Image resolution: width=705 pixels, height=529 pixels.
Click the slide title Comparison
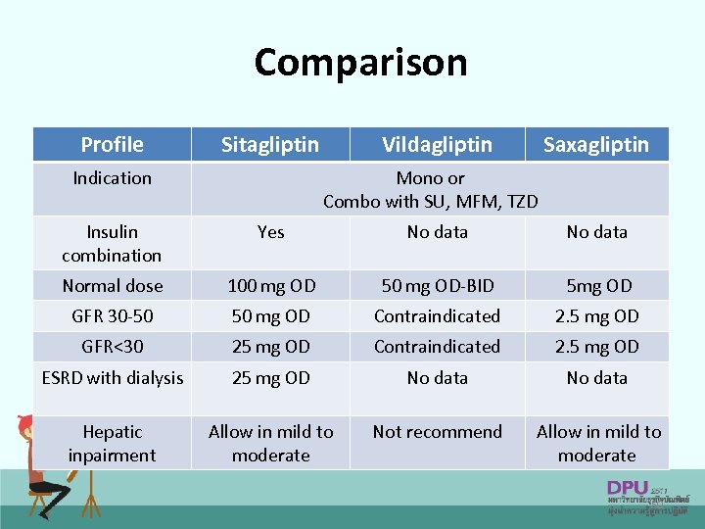(360, 63)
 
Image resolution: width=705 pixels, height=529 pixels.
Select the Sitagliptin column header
(270, 145)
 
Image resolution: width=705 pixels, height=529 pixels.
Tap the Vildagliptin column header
(437, 145)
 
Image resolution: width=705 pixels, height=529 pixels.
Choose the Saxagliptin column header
(595, 145)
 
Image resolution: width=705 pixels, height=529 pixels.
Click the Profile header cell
(112, 145)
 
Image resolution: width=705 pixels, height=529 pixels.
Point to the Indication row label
(112, 178)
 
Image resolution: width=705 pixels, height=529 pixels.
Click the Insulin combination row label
(112, 243)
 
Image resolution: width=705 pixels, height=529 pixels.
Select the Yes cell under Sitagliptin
(270, 232)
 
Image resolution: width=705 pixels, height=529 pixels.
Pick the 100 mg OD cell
(271, 286)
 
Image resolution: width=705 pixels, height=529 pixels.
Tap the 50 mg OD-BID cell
(438, 286)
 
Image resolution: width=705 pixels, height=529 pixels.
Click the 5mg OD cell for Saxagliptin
(596, 286)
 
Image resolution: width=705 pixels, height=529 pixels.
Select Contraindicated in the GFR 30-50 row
(437, 316)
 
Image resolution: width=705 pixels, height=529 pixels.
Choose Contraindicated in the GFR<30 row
(437, 347)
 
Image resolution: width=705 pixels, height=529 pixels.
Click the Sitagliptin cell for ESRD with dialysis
(270, 378)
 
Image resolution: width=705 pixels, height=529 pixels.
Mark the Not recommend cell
(437, 432)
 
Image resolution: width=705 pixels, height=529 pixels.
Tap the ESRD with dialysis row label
(113, 378)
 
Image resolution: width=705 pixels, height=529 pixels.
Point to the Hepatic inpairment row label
(112, 443)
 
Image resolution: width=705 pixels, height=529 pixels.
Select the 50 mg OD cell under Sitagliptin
(270, 316)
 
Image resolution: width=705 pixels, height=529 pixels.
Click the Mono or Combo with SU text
(431, 190)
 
